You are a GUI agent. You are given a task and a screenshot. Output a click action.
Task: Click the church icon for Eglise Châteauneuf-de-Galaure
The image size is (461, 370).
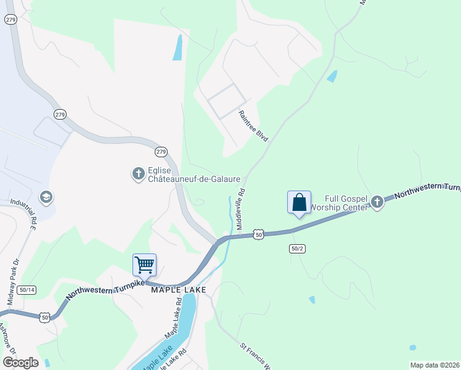click(138, 174)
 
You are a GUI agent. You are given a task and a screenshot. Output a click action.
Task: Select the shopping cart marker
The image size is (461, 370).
click(144, 265)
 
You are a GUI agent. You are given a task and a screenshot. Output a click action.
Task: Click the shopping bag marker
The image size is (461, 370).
click(299, 202)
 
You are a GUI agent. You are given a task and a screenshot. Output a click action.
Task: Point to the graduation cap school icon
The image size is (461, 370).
click(45, 197)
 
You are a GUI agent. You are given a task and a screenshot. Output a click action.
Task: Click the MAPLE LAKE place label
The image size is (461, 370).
click(175, 289)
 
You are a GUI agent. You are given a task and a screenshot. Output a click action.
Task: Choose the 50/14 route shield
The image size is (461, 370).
click(27, 289)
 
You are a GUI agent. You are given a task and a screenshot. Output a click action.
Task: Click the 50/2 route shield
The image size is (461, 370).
click(297, 249)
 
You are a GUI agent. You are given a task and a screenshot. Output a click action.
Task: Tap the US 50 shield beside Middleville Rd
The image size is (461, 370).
click(259, 235)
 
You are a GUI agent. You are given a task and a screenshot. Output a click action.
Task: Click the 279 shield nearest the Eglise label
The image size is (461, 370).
click(160, 151)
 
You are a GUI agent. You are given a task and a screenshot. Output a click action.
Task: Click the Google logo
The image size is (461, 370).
click(20, 363)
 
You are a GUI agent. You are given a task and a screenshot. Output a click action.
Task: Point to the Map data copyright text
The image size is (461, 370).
click(434, 365)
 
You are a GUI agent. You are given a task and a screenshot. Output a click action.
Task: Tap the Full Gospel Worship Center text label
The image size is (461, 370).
click(338, 202)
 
